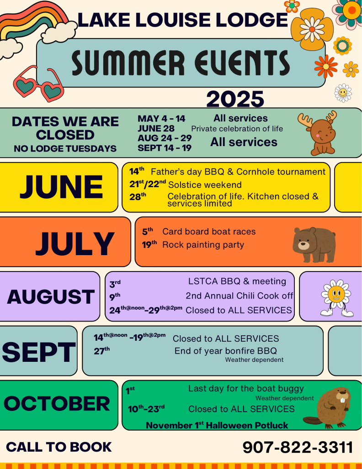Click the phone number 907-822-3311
pyautogui.click(x=298, y=447)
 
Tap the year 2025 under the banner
pyautogui.click(x=235, y=99)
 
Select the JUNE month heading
pyautogui.click(x=61, y=187)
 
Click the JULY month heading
pyautogui.click(x=75, y=243)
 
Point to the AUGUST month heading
pyautogui.click(x=51, y=297)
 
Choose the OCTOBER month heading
pyautogui.click(x=57, y=404)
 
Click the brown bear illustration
pyautogui.click(x=314, y=245)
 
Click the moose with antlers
pyautogui.click(x=318, y=133)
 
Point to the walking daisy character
pyautogui.click(x=336, y=298)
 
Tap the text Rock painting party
pyautogui.click(x=203, y=245)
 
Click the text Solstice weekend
pyautogui.click(x=205, y=185)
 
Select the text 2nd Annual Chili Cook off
pyautogui.click(x=240, y=296)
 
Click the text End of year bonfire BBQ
pyautogui.click(x=226, y=351)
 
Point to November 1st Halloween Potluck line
pyautogui.click(x=217, y=425)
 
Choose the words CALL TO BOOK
pyautogui.click(x=59, y=447)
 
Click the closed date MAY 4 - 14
pyautogui.click(x=161, y=119)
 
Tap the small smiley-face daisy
pyautogui.click(x=343, y=93)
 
